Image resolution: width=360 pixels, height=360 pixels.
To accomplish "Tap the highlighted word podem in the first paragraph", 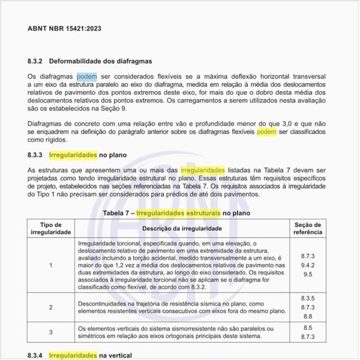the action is coord(87,77).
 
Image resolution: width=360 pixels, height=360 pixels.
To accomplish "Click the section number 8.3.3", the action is coord(35,155).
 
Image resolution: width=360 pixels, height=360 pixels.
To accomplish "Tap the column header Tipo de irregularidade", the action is coord(51,228).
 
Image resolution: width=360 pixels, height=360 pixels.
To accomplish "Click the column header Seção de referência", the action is coord(308,228).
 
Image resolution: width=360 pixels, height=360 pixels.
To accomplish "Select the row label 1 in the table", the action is coord(51,266).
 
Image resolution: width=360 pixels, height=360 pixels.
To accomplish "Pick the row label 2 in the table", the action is coord(51,307).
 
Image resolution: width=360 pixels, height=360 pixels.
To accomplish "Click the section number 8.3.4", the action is coord(35,354).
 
